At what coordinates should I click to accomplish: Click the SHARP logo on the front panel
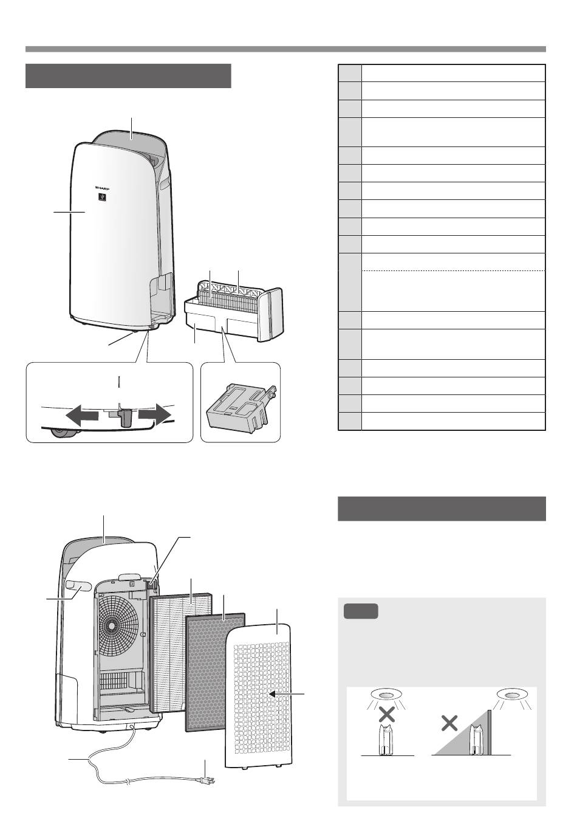(x=102, y=188)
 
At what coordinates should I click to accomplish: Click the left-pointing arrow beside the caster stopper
(x=82, y=415)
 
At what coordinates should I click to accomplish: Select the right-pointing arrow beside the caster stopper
(x=155, y=415)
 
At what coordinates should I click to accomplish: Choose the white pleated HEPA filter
(x=181, y=652)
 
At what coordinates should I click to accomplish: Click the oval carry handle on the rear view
(x=77, y=585)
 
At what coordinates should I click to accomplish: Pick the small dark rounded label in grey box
(x=361, y=611)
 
